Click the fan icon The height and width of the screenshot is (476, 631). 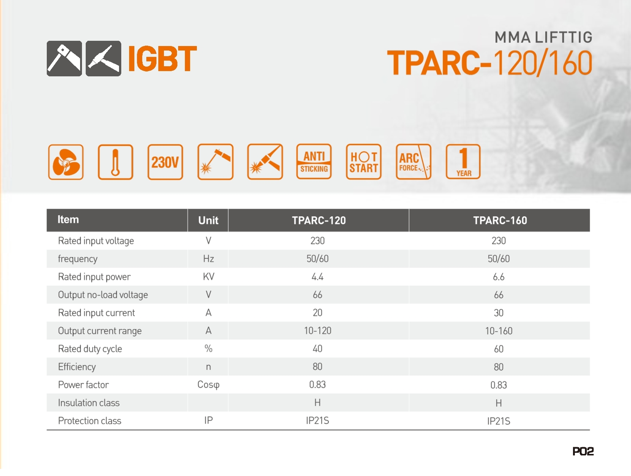66,162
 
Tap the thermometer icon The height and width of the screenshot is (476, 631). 116,162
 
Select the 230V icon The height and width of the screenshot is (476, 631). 165,162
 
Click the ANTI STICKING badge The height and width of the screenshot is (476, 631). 314,162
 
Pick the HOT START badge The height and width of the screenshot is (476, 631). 364,162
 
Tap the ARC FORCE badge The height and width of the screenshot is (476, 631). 414,162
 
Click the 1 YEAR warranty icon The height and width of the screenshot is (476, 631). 463,162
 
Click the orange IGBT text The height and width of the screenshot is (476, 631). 162,58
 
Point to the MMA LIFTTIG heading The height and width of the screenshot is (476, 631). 544,37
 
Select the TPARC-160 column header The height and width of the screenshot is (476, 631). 500,220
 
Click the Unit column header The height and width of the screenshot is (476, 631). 208,220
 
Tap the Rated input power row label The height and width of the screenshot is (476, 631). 94,277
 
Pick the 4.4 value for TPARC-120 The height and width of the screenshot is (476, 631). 317,277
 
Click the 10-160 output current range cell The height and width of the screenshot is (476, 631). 499,331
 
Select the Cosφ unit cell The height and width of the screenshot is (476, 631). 208,385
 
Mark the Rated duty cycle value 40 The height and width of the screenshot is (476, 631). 317,349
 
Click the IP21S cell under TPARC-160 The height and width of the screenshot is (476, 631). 499,421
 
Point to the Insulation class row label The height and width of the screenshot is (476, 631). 89,403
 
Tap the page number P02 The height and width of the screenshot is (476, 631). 583,452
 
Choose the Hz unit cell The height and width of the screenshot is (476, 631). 208,259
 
